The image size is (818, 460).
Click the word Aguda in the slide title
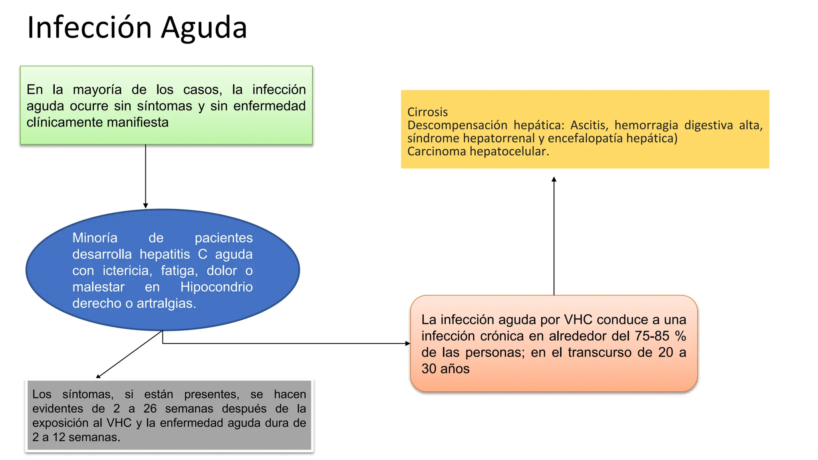pos(204,28)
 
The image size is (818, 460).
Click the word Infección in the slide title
pos(89,28)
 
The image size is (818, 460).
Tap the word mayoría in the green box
pos(97,89)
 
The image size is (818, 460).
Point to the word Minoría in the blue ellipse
pos(95,238)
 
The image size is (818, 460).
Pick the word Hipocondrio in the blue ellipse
pos(216,287)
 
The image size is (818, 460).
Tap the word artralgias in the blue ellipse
pos(166,303)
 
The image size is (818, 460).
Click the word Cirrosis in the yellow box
pos(427,112)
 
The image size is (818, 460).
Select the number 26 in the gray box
pos(150,408)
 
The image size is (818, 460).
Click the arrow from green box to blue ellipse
pos(145,176)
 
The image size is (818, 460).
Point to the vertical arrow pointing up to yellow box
pos(554,236)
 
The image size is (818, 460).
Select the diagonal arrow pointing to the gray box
pos(129,354)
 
